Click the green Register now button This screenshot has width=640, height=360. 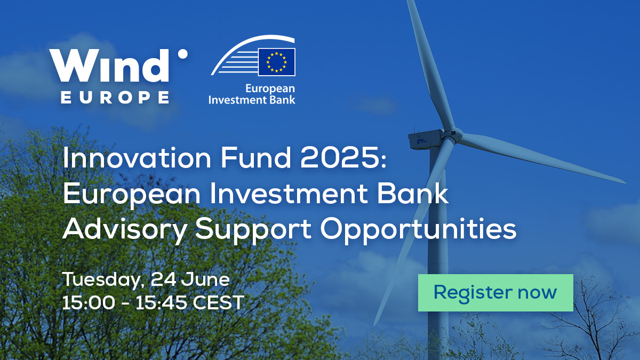pyautogui.click(x=495, y=293)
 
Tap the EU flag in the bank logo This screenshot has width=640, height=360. pyautogui.click(x=277, y=62)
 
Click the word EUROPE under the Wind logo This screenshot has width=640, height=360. pyautogui.click(x=115, y=98)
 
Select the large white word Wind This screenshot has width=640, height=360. pyautogui.click(x=109, y=66)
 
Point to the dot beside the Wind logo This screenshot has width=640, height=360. pyautogui.click(x=182, y=54)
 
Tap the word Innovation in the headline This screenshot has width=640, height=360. pyautogui.click(x=137, y=158)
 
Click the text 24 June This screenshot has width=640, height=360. pyautogui.click(x=190, y=279)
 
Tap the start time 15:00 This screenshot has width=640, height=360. pyautogui.click(x=89, y=302)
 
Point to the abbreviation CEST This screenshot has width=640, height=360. pyautogui.click(x=219, y=302)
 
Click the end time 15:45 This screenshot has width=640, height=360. pyautogui.click(x=161, y=302)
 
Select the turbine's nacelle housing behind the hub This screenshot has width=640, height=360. pyautogui.click(x=426, y=139)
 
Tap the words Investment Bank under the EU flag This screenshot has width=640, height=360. pyautogui.click(x=252, y=100)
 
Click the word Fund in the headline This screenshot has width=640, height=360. pyautogui.click(x=255, y=158)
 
